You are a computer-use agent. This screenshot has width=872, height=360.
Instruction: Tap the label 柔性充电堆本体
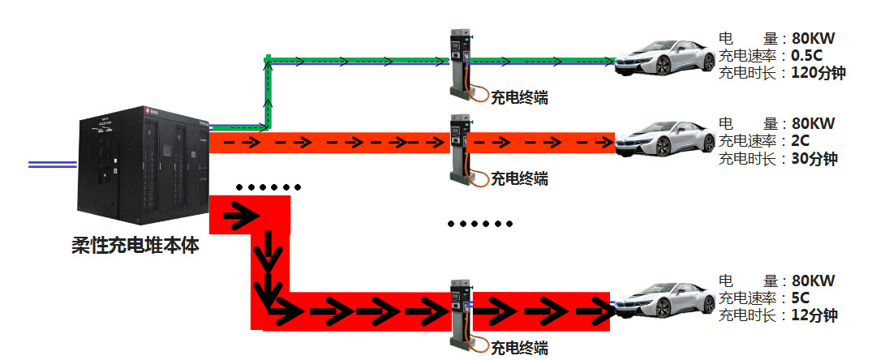(134, 245)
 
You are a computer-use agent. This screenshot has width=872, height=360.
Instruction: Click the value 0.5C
(807, 55)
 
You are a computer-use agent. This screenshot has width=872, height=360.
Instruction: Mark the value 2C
(802, 141)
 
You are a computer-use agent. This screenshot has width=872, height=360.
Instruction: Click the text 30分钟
(814, 158)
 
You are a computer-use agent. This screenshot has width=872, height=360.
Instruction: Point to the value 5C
(802, 298)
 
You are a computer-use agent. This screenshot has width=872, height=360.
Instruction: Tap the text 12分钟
(814, 315)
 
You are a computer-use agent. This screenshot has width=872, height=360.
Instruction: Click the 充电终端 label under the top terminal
(519, 98)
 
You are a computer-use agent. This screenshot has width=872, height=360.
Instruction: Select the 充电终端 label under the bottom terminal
(519, 349)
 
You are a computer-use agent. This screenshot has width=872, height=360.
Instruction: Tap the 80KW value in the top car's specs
(813, 38)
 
